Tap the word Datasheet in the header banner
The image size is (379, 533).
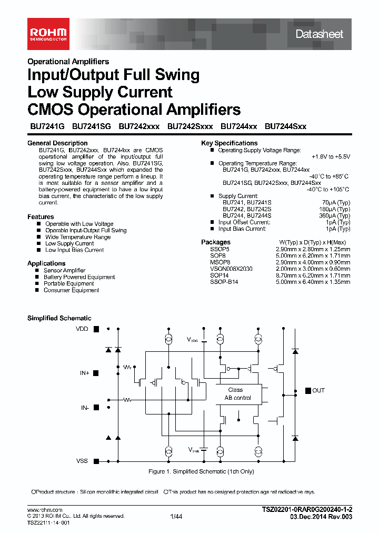tap(319, 34)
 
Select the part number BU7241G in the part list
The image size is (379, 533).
tap(46, 126)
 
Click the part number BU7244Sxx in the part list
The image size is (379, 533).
tap(285, 126)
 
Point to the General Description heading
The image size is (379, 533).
tap(57, 143)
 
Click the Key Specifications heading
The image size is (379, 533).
tap(230, 143)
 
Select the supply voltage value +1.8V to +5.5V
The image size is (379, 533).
tap(331, 157)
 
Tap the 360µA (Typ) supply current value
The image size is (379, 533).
tap(336, 216)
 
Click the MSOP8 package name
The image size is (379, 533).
tap(220, 262)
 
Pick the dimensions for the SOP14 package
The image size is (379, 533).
tap(313, 275)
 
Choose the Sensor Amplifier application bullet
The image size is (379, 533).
tap(64, 271)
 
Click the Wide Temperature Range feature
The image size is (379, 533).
tap(78, 237)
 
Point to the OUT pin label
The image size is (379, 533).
tap(318, 390)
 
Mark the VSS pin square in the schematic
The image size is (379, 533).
tap(96, 461)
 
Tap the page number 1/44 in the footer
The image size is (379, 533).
tap(176, 517)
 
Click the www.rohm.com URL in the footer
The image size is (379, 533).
tap(45, 510)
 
